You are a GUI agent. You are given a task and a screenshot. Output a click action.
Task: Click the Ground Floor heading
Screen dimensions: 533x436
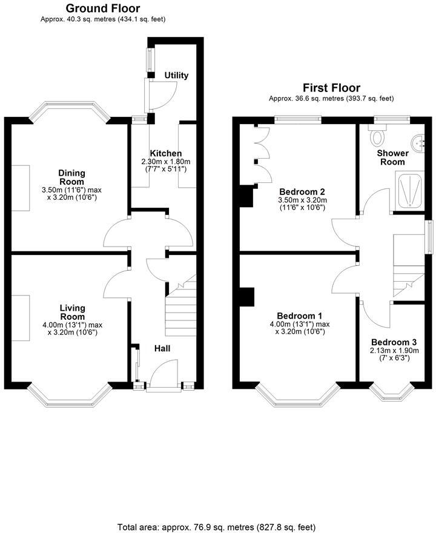click(102, 8)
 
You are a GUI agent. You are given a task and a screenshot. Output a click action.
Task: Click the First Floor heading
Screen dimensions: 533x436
click(331, 88)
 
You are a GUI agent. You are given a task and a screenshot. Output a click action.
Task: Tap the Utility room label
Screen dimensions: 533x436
click(176, 76)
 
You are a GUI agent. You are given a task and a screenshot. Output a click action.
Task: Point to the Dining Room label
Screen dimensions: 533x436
click(72, 177)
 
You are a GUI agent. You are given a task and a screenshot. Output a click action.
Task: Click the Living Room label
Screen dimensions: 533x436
click(72, 313)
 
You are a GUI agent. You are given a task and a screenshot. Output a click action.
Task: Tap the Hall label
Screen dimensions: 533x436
click(162, 348)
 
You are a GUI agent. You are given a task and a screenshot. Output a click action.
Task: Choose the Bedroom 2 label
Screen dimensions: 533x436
click(301, 191)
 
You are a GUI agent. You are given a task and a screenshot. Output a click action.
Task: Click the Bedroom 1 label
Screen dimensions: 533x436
click(299, 316)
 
